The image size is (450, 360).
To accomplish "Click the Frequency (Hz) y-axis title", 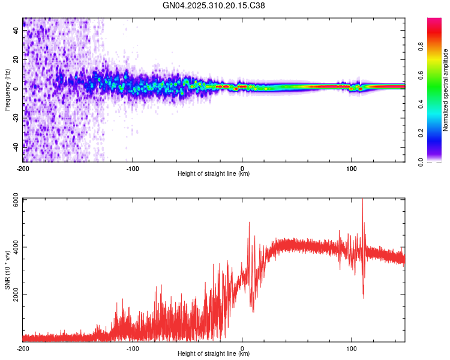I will (x=7, y=90).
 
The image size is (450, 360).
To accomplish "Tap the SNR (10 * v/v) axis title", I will (x=7, y=270).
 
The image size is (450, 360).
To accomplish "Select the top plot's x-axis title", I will (x=214, y=173).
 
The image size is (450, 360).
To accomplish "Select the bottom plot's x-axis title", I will (x=214, y=353).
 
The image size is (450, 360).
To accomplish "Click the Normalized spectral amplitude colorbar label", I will (x=445, y=90).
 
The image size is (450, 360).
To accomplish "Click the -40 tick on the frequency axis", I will (x=16, y=146).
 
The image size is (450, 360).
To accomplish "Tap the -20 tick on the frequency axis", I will (x=16, y=117).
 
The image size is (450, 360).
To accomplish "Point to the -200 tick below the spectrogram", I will (x=23, y=167).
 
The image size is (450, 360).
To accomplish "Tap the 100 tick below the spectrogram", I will (x=351, y=167).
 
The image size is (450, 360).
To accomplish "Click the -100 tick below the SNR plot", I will (x=133, y=347).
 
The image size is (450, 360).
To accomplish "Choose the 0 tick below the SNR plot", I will (x=242, y=347).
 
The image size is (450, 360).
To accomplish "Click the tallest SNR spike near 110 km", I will (x=362, y=200).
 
